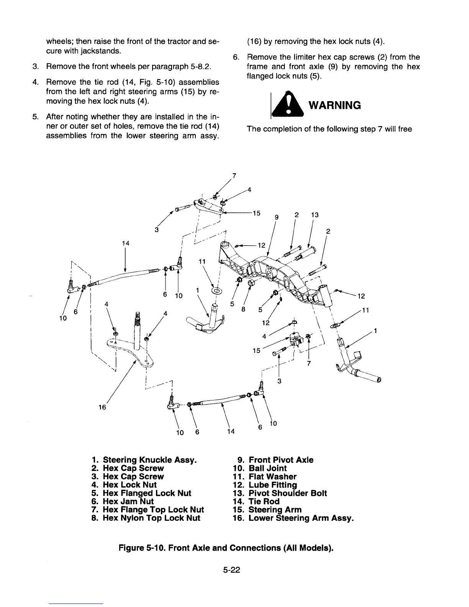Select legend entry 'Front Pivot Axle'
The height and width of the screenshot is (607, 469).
[280, 460]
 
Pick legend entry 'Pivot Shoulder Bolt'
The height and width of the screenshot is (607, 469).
[287, 493]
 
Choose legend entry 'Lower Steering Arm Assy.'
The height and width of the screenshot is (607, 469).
[301, 518]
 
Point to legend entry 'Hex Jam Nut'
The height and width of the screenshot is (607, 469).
[128, 501]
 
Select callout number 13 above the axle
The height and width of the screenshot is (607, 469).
[315, 215]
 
